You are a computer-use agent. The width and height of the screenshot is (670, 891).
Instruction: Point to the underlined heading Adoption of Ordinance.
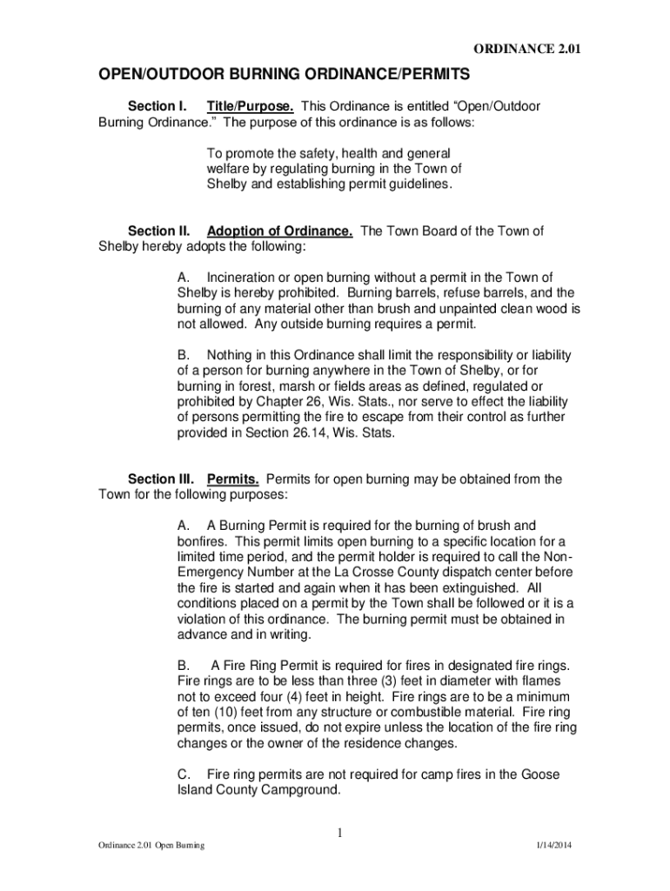pyautogui.click(x=279, y=231)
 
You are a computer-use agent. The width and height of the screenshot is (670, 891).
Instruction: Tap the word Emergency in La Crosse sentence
pyautogui.click(x=211, y=573)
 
